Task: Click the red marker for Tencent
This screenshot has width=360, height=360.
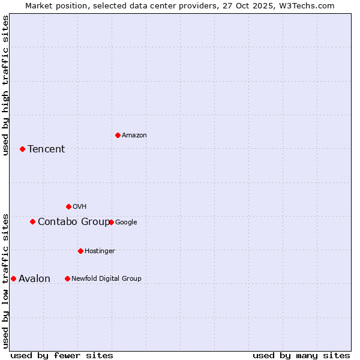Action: tap(22, 149)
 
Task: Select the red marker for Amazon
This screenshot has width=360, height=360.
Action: tap(118, 135)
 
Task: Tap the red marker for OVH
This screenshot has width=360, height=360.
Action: tap(68, 206)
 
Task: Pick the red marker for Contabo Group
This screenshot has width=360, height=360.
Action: tap(32, 221)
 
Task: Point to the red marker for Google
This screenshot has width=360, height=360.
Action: tap(111, 222)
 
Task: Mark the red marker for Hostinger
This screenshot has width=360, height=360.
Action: tap(80, 251)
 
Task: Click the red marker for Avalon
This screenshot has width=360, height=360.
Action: tap(13, 278)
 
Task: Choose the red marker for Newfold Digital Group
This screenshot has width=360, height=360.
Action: tap(67, 278)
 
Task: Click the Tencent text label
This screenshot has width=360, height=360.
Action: tap(46, 149)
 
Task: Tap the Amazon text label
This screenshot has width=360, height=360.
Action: tap(134, 136)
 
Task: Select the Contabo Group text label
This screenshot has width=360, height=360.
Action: tap(73, 222)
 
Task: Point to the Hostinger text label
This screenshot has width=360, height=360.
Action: tap(100, 251)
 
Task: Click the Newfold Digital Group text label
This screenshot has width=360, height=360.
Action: tap(106, 278)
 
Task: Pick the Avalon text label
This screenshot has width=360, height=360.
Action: tap(34, 279)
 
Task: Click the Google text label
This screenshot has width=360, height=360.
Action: tap(126, 222)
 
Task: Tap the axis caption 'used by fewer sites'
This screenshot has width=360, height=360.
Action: tap(62, 355)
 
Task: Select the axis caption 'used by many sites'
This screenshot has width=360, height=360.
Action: tap(301, 355)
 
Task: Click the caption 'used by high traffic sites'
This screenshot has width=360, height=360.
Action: tap(5, 85)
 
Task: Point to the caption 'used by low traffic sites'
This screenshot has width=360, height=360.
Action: tap(5, 281)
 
